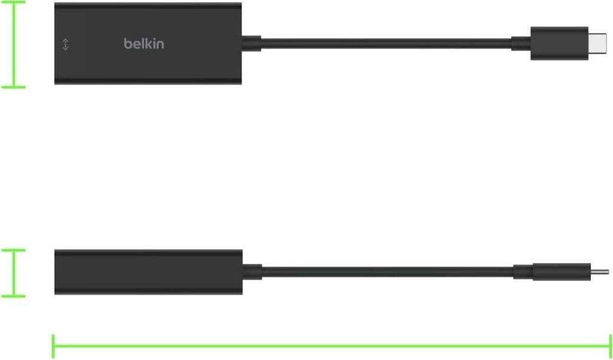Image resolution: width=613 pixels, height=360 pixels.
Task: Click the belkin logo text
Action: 144,44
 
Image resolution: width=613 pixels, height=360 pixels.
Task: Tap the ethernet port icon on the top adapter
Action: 66,44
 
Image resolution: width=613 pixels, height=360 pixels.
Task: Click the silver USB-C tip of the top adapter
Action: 597,44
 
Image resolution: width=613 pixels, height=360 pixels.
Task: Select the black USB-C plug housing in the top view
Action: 559,44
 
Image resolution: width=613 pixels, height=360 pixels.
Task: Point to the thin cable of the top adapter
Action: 386,44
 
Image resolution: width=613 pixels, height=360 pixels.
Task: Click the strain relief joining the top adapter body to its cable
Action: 251,44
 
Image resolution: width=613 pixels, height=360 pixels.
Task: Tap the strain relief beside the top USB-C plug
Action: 521,44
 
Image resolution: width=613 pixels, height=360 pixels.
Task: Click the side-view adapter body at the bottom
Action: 148,272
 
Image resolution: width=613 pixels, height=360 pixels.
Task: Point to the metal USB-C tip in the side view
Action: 600,272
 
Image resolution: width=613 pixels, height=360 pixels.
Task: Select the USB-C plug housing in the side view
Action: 562,272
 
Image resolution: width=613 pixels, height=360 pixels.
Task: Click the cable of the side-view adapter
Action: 387,272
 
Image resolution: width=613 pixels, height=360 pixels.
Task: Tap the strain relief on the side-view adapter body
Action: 252,272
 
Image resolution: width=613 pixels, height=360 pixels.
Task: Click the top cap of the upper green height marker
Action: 14,2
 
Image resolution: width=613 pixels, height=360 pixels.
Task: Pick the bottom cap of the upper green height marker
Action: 14,87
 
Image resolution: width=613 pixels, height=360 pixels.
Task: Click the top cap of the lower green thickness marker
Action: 14,250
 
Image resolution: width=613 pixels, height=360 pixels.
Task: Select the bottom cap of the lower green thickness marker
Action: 14,297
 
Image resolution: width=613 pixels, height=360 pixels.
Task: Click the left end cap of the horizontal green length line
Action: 53,346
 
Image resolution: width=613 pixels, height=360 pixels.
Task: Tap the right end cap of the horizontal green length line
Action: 610,346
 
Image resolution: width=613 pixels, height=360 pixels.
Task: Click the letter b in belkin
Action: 128,44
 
